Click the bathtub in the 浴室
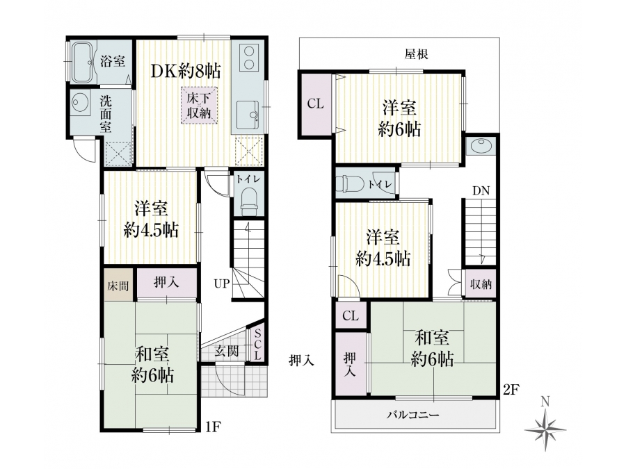click(x=84, y=60)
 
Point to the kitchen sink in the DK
click(x=248, y=115)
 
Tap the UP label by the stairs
click(x=222, y=284)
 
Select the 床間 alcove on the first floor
click(x=118, y=285)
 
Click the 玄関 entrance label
click(x=227, y=351)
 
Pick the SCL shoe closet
click(x=257, y=345)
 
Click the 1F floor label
click(x=213, y=427)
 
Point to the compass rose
click(x=545, y=429)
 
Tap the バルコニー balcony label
click(x=412, y=415)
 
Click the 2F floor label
click(x=511, y=390)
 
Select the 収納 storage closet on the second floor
click(x=481, y=284)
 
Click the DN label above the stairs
click(x=481, y=191)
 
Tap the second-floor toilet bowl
click(x=349, y=184)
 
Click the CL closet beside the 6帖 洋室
click(x=315, y=104)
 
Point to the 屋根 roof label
click(x=416, y=54)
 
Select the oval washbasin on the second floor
click(x=481, y=146)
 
